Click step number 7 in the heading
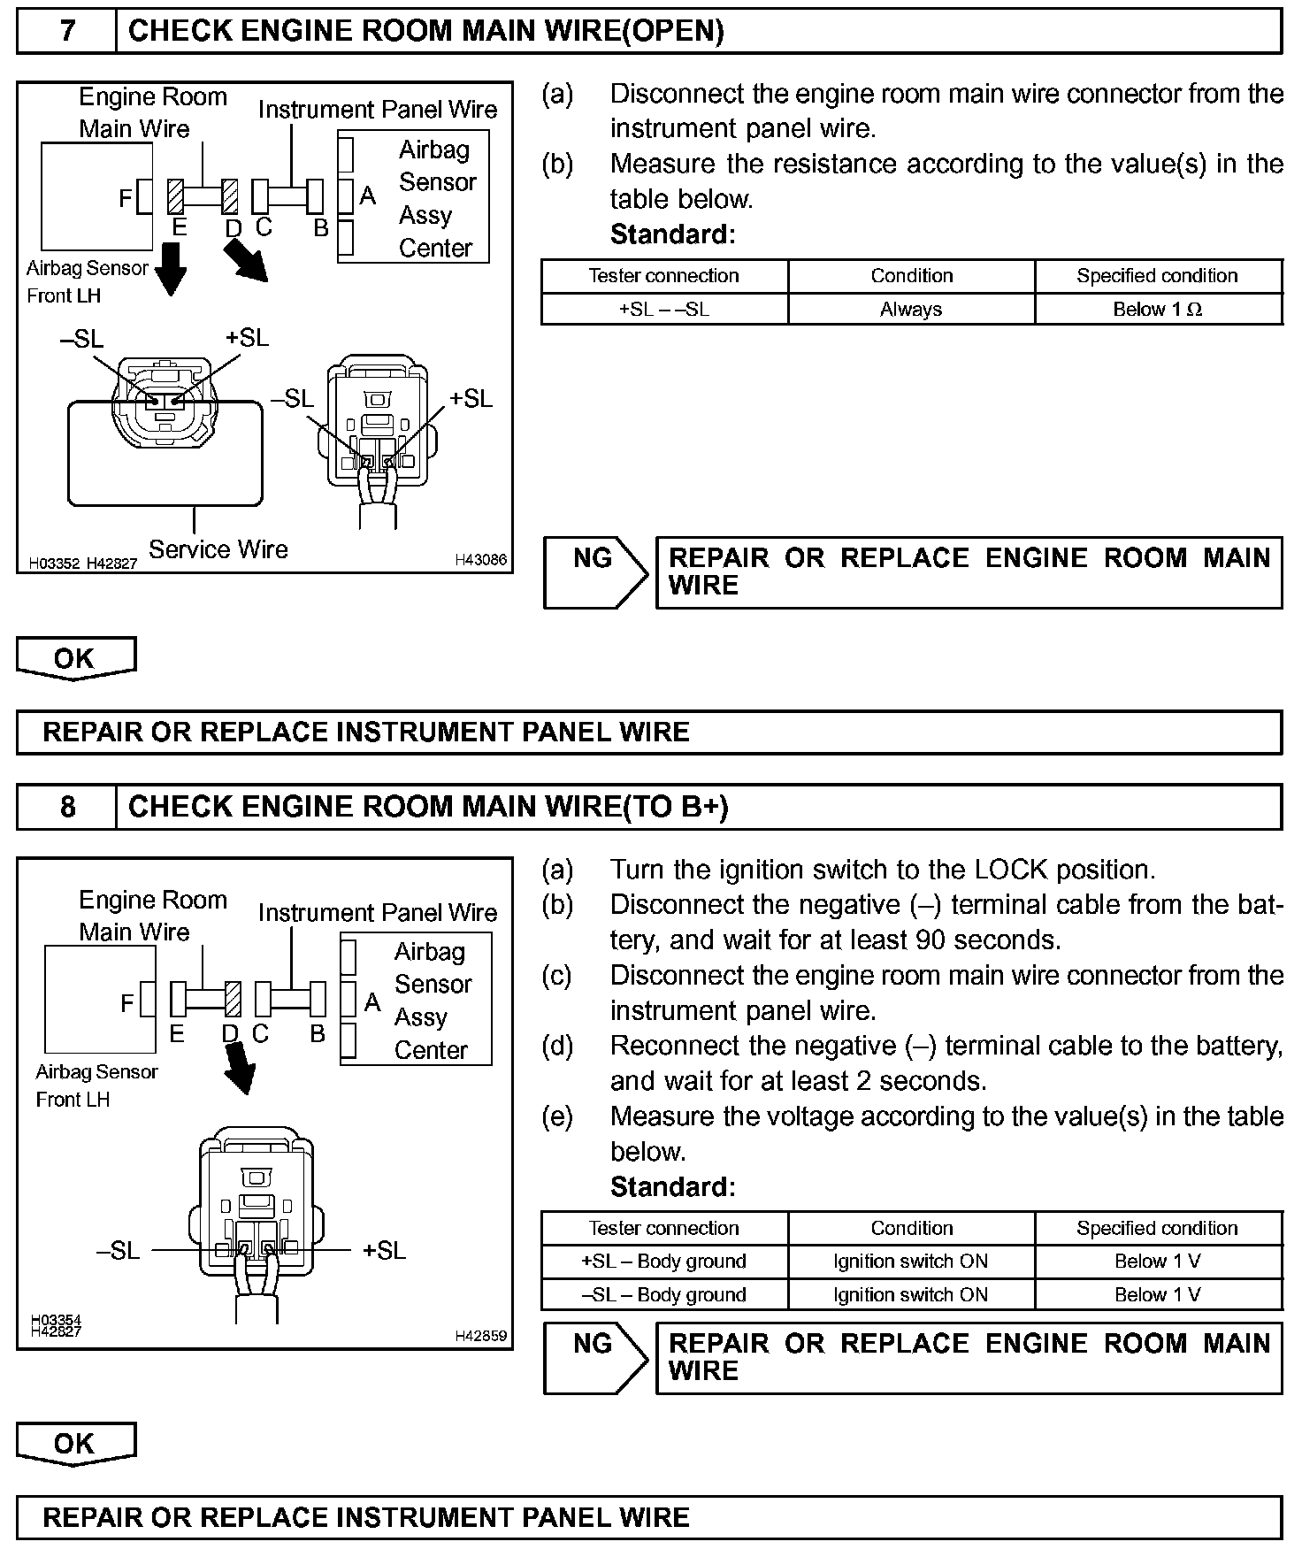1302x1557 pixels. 67,32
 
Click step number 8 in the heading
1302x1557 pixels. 67,807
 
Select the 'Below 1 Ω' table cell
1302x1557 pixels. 1157,310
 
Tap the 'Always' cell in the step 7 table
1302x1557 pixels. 911,310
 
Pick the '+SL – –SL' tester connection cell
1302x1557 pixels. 664,310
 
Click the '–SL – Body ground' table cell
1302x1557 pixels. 664,1294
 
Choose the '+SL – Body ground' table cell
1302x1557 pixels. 664,1261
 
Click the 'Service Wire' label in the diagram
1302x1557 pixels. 218,549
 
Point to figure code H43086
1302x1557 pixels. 481,559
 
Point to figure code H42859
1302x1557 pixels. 481,1336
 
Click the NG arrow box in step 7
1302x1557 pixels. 596,571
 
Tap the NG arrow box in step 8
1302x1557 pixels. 596,1357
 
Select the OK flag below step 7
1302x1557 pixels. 75,658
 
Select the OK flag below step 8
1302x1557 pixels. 75,1444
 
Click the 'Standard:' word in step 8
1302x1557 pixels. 672,1186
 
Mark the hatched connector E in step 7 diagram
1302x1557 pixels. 175,196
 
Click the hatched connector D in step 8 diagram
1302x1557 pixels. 234,999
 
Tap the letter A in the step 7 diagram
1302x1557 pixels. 368,196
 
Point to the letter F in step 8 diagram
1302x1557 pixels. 127,1002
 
